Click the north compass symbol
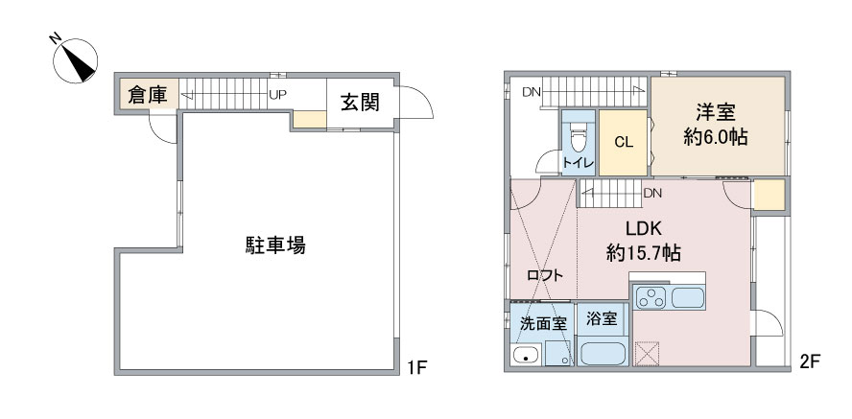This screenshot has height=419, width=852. tap(76, 60)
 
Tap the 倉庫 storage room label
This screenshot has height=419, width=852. tap(146, 96)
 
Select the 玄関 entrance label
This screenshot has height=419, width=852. tap(360, 102)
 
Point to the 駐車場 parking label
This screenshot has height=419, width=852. tap(275, 245)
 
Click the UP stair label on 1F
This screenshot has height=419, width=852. tap(277, 95)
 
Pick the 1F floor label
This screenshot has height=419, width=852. tap(418, 367)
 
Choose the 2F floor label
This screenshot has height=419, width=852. tap(809, 361)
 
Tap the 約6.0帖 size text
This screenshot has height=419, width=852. tap(715, 137)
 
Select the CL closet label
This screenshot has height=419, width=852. tap(624, 142)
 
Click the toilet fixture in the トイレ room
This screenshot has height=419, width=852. tap(578, 137)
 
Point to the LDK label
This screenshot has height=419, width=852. tap(644, 228)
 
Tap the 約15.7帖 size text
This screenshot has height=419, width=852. tap(644, 253)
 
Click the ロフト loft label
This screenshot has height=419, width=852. tap(544, 275)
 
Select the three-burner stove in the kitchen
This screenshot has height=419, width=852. tap(651, 298)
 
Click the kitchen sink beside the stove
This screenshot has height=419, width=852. tap(688, 298)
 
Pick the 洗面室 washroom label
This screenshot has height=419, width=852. tap(543, 324)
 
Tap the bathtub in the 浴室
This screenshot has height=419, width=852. tap(602, 354)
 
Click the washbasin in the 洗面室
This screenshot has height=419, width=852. tap(525, 356)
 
